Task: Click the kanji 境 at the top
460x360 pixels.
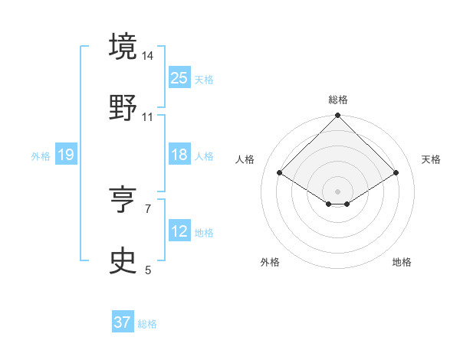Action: coord(123,47)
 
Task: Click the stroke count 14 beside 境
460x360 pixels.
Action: coord(148,56)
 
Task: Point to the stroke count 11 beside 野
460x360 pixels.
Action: coord(148,117)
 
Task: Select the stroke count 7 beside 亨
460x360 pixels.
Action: coord(148,208)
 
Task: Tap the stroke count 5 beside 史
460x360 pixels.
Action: coord(148,270)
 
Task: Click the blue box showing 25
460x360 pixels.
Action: coord(179,78)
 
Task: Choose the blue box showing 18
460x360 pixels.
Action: coord(179,155)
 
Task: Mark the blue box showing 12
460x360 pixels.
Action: coord(179,231)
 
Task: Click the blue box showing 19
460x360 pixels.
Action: coord(66,155)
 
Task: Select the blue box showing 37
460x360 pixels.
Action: coord(123,322)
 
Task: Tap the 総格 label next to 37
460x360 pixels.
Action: coord(147,324)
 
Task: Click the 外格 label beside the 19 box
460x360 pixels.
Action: coord(41,156)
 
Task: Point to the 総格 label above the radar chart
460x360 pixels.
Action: coord(337,100)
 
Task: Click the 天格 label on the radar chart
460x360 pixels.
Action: coord(431,159)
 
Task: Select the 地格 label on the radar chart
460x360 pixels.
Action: coord(402,262)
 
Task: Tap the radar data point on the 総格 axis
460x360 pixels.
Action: coord(337,116)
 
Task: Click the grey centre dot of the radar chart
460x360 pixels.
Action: coord(337,191)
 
